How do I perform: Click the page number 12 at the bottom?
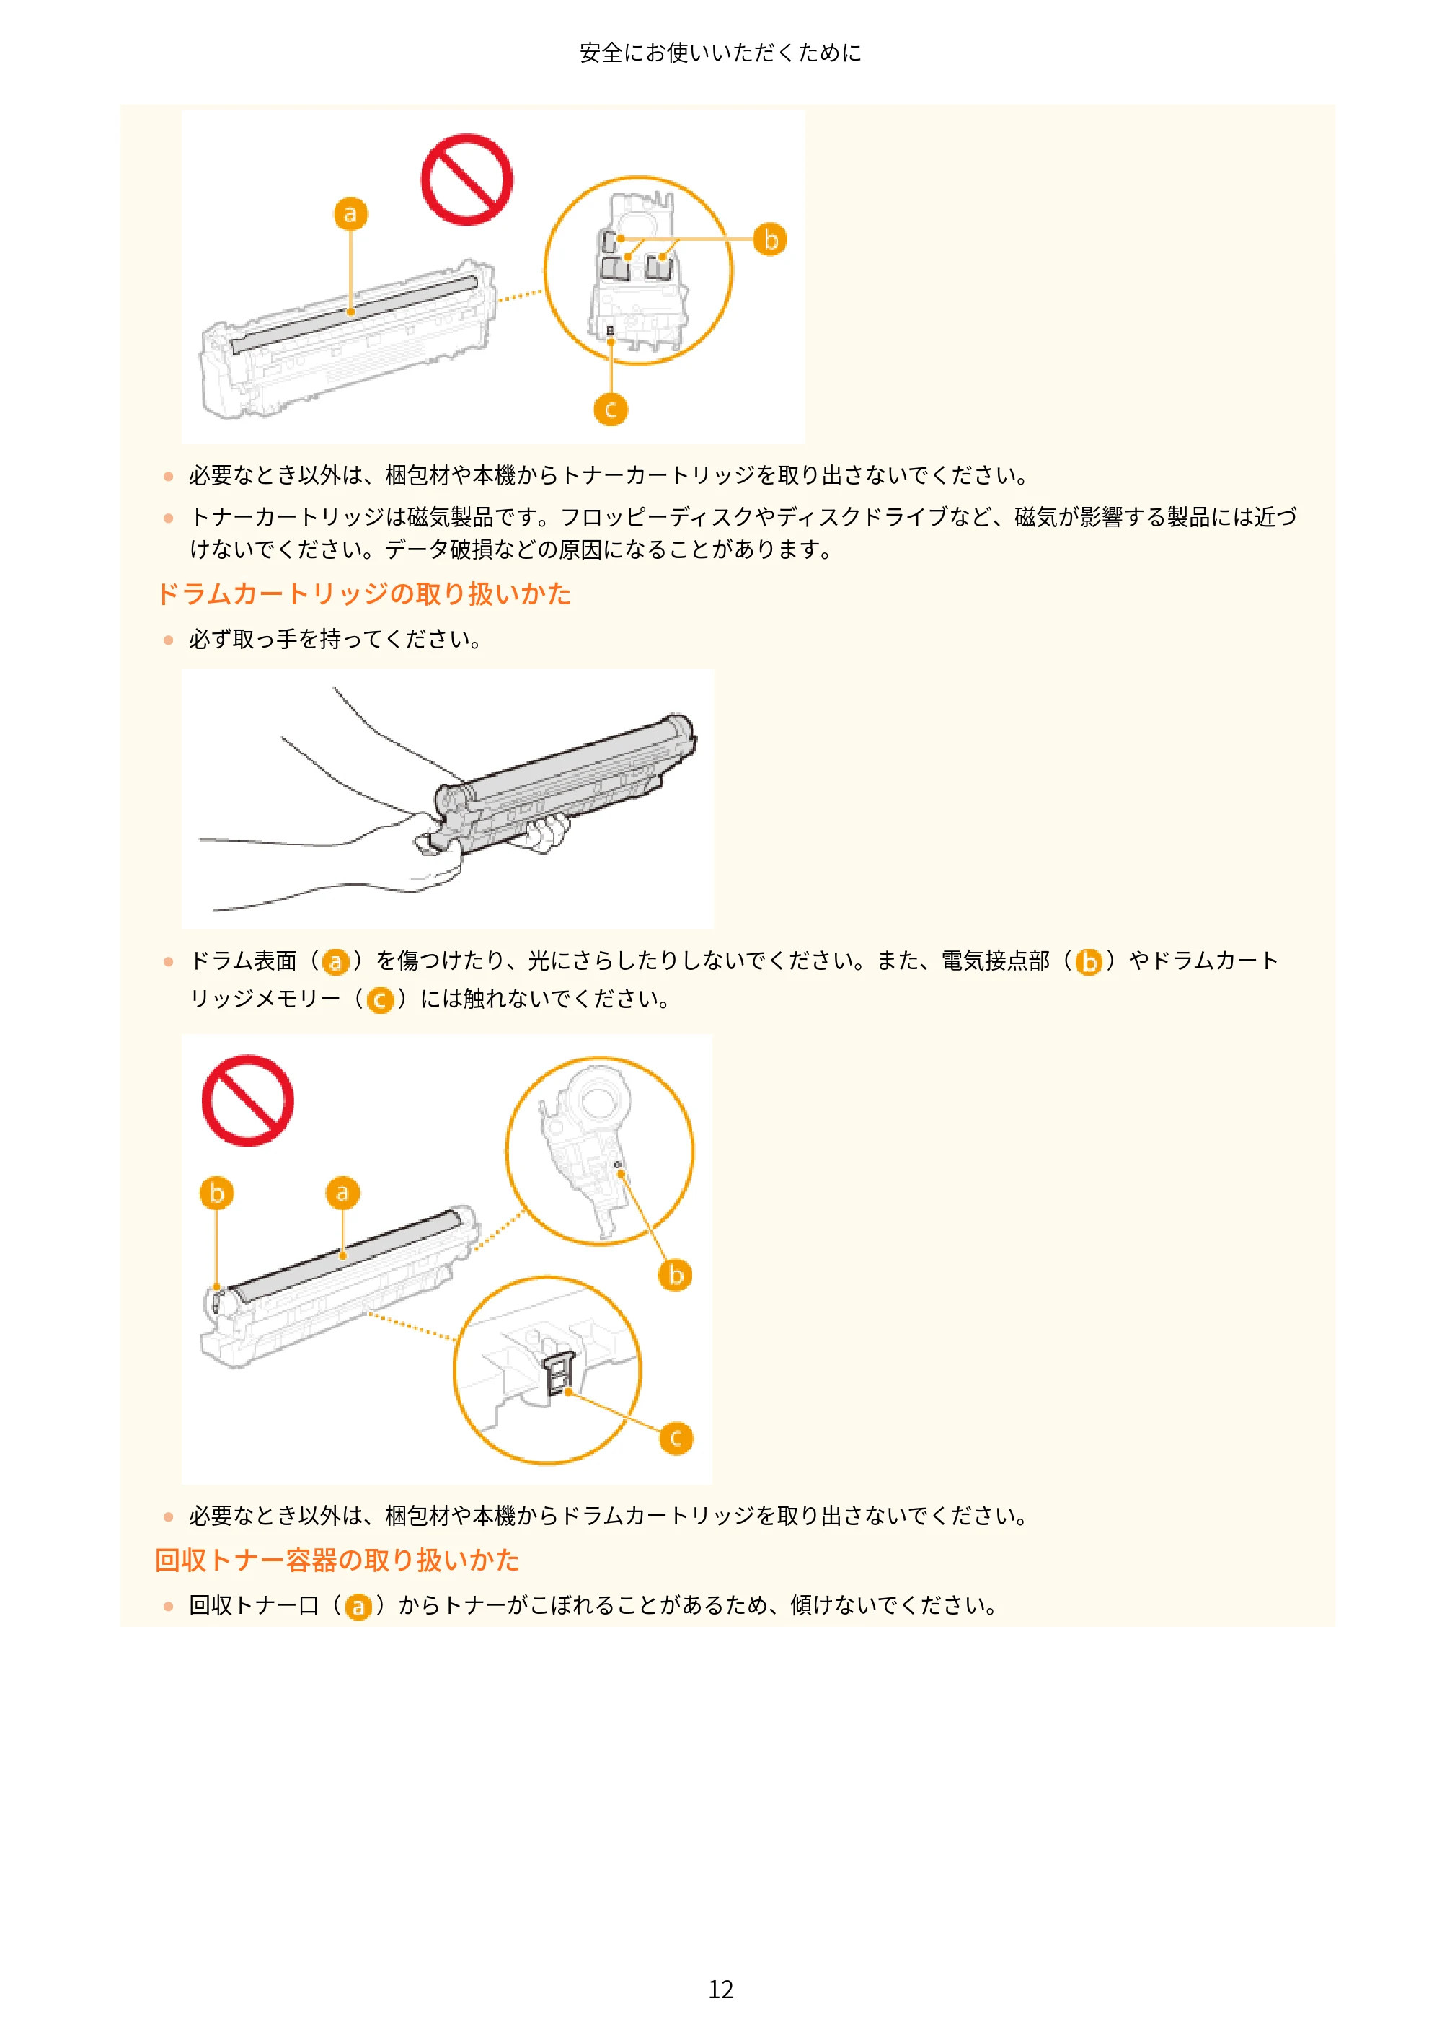[720, 1990]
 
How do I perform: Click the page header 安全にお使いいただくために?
[720, 53]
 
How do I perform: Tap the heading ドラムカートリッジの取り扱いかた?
[363, 593]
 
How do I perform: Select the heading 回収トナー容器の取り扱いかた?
[337, 1560]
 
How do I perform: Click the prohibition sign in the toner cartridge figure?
[466, 180]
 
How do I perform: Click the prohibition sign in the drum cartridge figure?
[248, 1100]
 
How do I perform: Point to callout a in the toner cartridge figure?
[351, 214]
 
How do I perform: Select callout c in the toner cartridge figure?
[611, 409]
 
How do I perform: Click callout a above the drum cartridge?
[343, 1193]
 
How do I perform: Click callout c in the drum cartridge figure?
[676, 1438]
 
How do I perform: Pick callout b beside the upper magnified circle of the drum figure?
[676, 1274]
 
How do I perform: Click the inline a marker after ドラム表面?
[335, 962]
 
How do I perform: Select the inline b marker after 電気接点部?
[1089, 962]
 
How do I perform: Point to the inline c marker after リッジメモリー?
[380, 1000]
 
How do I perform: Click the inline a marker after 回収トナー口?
[358, 1607]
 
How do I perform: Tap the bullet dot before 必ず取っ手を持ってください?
[168, 640]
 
